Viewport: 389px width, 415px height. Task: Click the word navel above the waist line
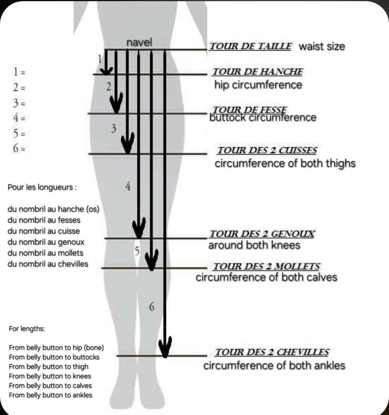point(139,43)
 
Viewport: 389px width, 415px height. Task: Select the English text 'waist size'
point(322,47)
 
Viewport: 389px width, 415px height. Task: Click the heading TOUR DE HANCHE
point(257,72)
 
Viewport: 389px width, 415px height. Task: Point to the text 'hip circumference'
point(258,85)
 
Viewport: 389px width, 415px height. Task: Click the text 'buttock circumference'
point(262,117)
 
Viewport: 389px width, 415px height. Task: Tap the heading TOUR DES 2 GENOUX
point(262,234)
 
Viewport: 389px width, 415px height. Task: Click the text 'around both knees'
point(254,245)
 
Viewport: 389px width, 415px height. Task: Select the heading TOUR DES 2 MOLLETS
point(266,267)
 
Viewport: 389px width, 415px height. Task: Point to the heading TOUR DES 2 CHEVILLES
point(272,352)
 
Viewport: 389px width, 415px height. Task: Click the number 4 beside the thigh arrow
point(128,187)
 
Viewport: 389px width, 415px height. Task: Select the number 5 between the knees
point(137,251)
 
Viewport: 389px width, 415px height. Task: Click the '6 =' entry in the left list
point(19,148)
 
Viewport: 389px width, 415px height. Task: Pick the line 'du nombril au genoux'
point(46,242)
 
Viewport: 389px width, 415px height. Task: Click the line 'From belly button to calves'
point(50,385)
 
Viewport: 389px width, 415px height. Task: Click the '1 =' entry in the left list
point(19,72)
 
